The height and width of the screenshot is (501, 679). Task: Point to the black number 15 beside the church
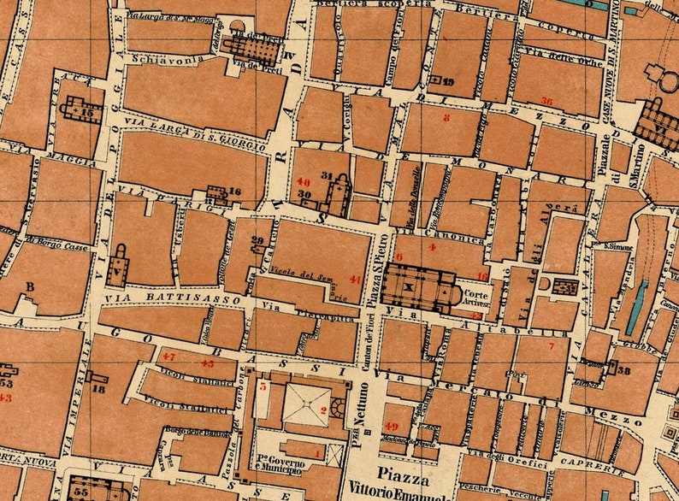pos(87,111)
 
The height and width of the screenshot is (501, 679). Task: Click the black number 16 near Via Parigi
pos(235,192)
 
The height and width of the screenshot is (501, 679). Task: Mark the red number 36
pos(546,101)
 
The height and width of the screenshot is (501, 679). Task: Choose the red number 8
pos(446,118)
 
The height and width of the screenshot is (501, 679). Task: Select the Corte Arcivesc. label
pos(477,296)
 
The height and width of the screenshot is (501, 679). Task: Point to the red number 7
pos(552,346)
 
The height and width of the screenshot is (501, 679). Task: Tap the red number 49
pos(392,427)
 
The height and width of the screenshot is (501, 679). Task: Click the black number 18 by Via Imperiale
pos(98,389)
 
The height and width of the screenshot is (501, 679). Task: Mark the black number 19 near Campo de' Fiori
pos(449,82)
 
